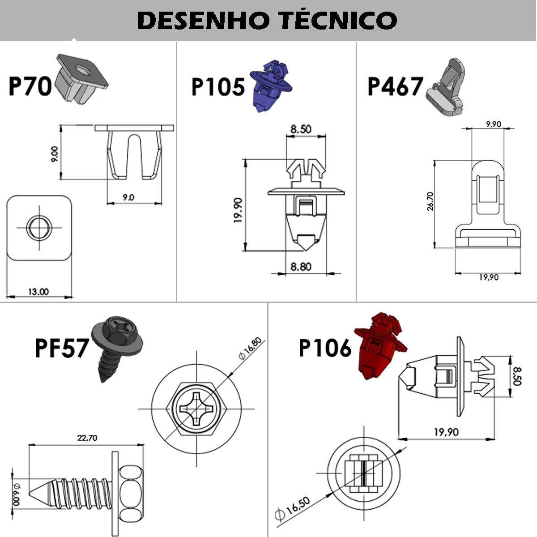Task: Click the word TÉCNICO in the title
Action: click(337, 20)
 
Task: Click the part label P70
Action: click(30, 86)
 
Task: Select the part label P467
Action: click(395, 87)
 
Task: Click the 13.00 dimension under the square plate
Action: click(38, 292)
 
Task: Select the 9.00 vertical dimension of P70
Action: click(55, 154)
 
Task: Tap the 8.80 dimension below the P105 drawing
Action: click(301, 267)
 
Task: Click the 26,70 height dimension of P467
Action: click(430, 201)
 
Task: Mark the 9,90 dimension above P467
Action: click(493, 124)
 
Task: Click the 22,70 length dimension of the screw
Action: click(87, 438)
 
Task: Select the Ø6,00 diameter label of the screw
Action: click(17, 494)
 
